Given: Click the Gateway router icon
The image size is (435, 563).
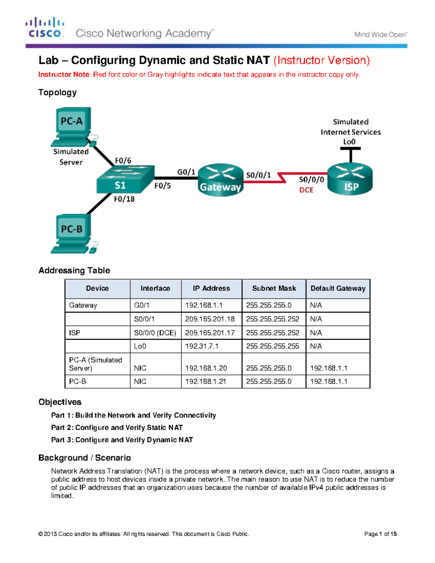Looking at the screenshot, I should [220, 180].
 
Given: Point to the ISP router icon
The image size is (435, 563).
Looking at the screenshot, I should [350, 179].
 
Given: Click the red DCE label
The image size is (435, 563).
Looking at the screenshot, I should [306, 190].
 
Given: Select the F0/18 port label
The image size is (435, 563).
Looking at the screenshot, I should [124, 199].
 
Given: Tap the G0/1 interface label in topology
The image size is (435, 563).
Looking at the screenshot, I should [186, 172].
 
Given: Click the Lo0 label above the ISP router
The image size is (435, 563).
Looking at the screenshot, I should [349, 142].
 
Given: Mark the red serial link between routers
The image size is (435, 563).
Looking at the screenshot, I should [283, 178].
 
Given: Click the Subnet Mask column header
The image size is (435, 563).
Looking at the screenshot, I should [274, 289].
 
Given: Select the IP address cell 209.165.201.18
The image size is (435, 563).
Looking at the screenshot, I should [210, 319].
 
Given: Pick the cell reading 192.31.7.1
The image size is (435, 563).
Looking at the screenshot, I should [202, 346].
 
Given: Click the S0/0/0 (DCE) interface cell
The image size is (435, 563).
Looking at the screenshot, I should [155, 333].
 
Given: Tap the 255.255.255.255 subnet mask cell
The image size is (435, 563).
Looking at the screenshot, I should [273, 346].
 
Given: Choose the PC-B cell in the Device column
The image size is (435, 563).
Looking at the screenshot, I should [78, 381].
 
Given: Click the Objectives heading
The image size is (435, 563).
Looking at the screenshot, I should [60, 402].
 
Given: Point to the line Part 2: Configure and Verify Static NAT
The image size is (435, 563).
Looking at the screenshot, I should [117, 428].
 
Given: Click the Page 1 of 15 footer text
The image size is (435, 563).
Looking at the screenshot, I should [380, 534].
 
